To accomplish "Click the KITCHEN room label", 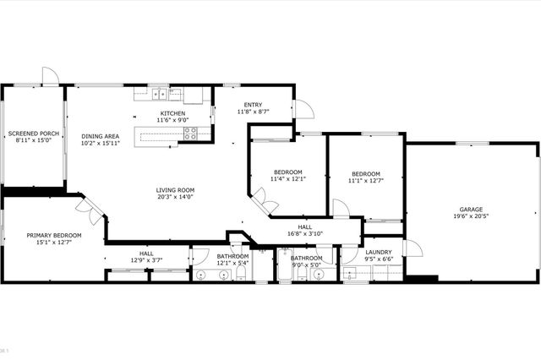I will (x=172, y=113).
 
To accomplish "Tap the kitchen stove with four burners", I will (x=191, y=133).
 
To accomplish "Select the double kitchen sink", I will (x=161, y=93).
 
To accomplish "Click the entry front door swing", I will (x=303, y=108).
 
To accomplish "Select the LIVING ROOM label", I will (x=175, y=190).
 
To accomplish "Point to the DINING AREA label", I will (x=100, y=137).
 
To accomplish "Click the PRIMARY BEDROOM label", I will (x=54, y=235).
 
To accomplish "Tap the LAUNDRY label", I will (x=378, y=252).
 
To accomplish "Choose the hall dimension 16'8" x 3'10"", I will (x=305, y=234).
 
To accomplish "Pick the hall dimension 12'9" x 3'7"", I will (x=146, y=260).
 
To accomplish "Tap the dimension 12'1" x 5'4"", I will (x=232, y=264).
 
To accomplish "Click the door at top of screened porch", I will (x=51, y=76).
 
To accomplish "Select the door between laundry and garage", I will (x=412, y=248).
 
